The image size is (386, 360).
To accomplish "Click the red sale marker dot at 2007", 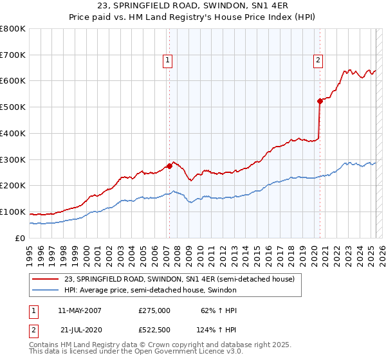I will click(169, 165).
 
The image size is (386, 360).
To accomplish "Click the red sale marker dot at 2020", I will click(319, 100).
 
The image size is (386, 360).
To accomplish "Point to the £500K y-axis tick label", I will click(12, 107).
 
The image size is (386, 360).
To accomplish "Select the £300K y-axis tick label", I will click(12, 159).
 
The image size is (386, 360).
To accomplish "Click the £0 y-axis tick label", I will click(19, 238).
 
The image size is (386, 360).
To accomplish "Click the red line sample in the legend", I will click(45, 279).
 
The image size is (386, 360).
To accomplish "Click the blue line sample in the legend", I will click(45, 290).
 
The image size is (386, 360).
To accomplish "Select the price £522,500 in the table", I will click(154, 329).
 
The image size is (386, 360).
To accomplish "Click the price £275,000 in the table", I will click(154, 310).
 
